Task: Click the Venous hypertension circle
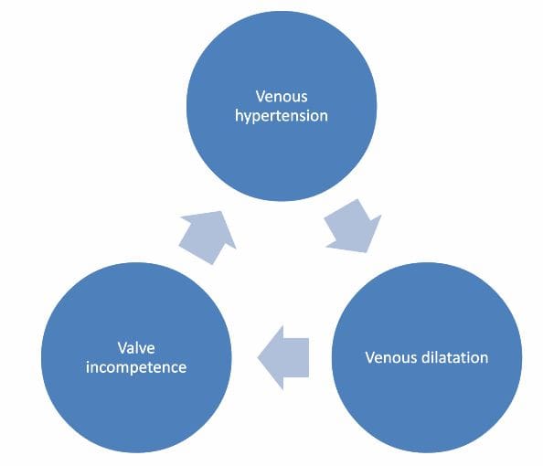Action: pyautogui.click(x=282, y=106)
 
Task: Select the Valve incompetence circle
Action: pyautogui.click(x=136, y=357)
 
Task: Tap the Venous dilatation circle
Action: pyautogui.click(x=427, y=357)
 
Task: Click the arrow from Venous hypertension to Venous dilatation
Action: pyautogui.click(x=353, y=226)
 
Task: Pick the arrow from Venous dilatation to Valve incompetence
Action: pyautogui.click(x=283, y=357)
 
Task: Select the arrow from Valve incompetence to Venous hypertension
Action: pyautogui.click(x=208, y=238)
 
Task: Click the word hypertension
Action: pyautogui.click(x=282, y=116)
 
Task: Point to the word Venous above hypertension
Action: pyautogui.click(x=282, y=96)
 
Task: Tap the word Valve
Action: pyautogui.click(x=136, y=347)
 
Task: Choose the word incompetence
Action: pyautogui.click(x=136, y=367)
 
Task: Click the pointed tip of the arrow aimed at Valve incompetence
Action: pyautogui.click(x=258, y=357)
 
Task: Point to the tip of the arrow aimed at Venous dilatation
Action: pyautogui.click(x=367, y=251)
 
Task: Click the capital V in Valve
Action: pyautogui.click(x=122, y=347)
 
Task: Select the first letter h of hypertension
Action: pyautogui.click(x=239, y=114)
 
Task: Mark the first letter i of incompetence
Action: pyautogui.click(x=88, y=366)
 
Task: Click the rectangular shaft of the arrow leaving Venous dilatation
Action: pyautogui.click(x=296, y=357)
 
